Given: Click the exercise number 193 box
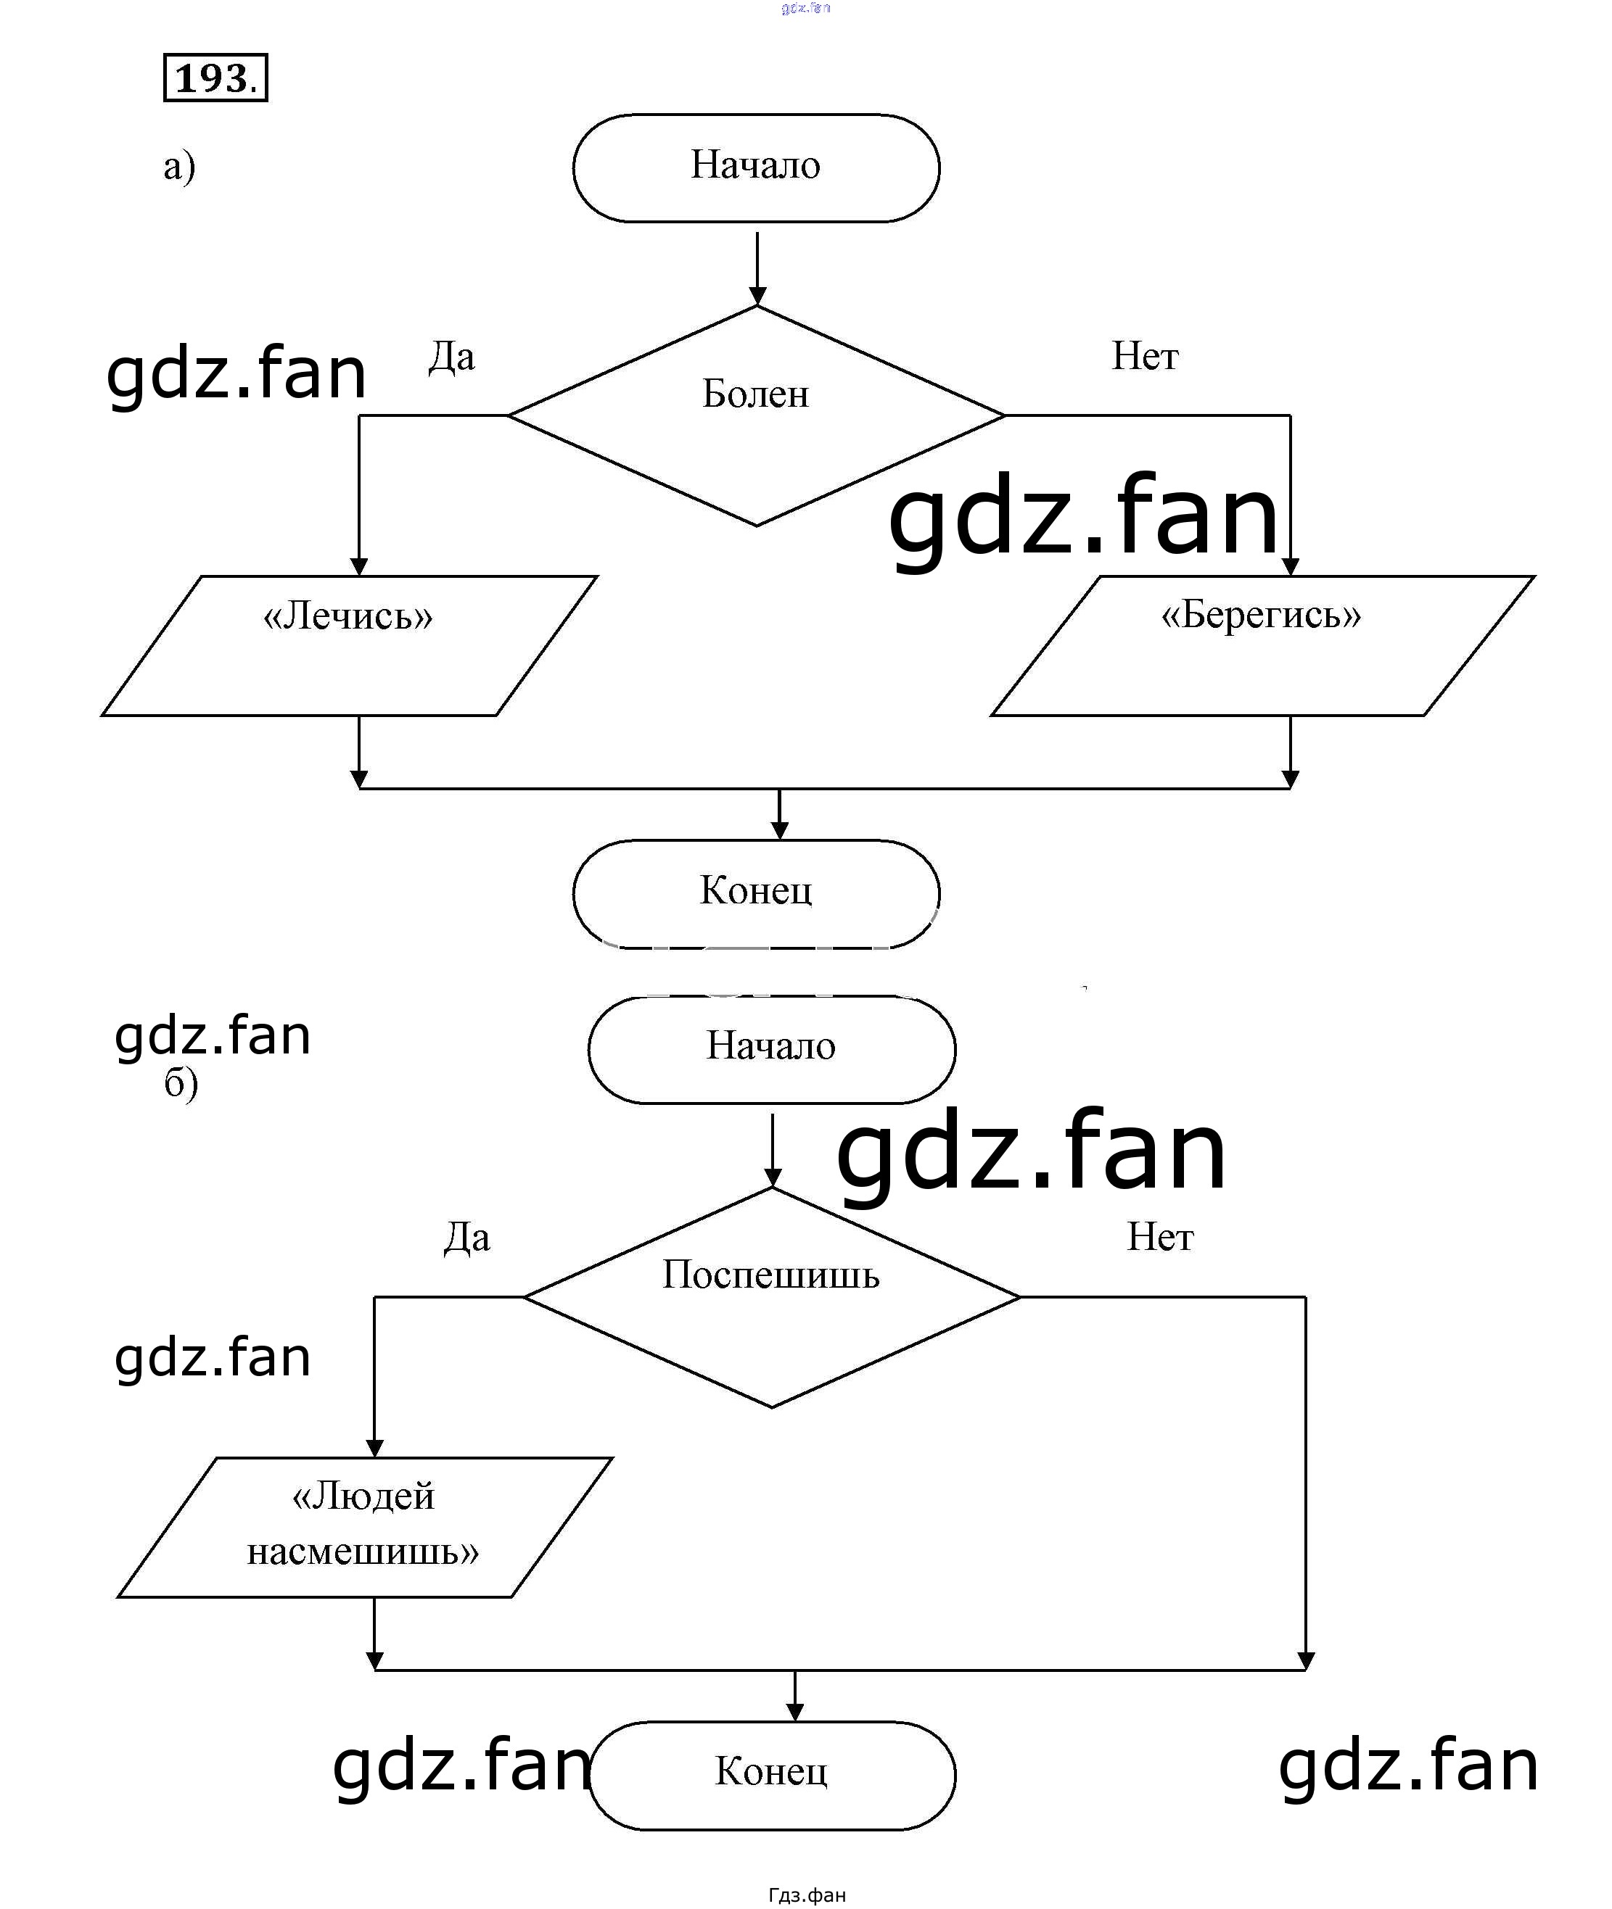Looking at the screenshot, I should [x=215, y=78].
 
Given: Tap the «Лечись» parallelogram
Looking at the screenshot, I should [x=349, y=646].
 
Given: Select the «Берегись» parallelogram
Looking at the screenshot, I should [x=1263, y=646].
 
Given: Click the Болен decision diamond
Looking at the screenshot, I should [x=757, y=415].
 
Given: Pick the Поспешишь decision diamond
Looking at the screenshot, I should [x=772, y=1296].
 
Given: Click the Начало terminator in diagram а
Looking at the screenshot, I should [x=757, y=168].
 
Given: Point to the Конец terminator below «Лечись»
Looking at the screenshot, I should [x=757, y=893].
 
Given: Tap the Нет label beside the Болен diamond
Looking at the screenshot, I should [x=1145, y=356].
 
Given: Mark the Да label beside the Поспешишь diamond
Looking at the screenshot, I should [x=467, y=1238].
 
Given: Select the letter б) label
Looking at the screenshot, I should [x=181, y=1084].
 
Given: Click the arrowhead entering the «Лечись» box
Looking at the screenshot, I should [x=359, y=567].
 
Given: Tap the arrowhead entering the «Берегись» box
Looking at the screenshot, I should [x=1291, y=567].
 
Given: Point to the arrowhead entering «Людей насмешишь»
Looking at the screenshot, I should [x=374, y=1449].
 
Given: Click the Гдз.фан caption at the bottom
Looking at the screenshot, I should [x=807, y=1895].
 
